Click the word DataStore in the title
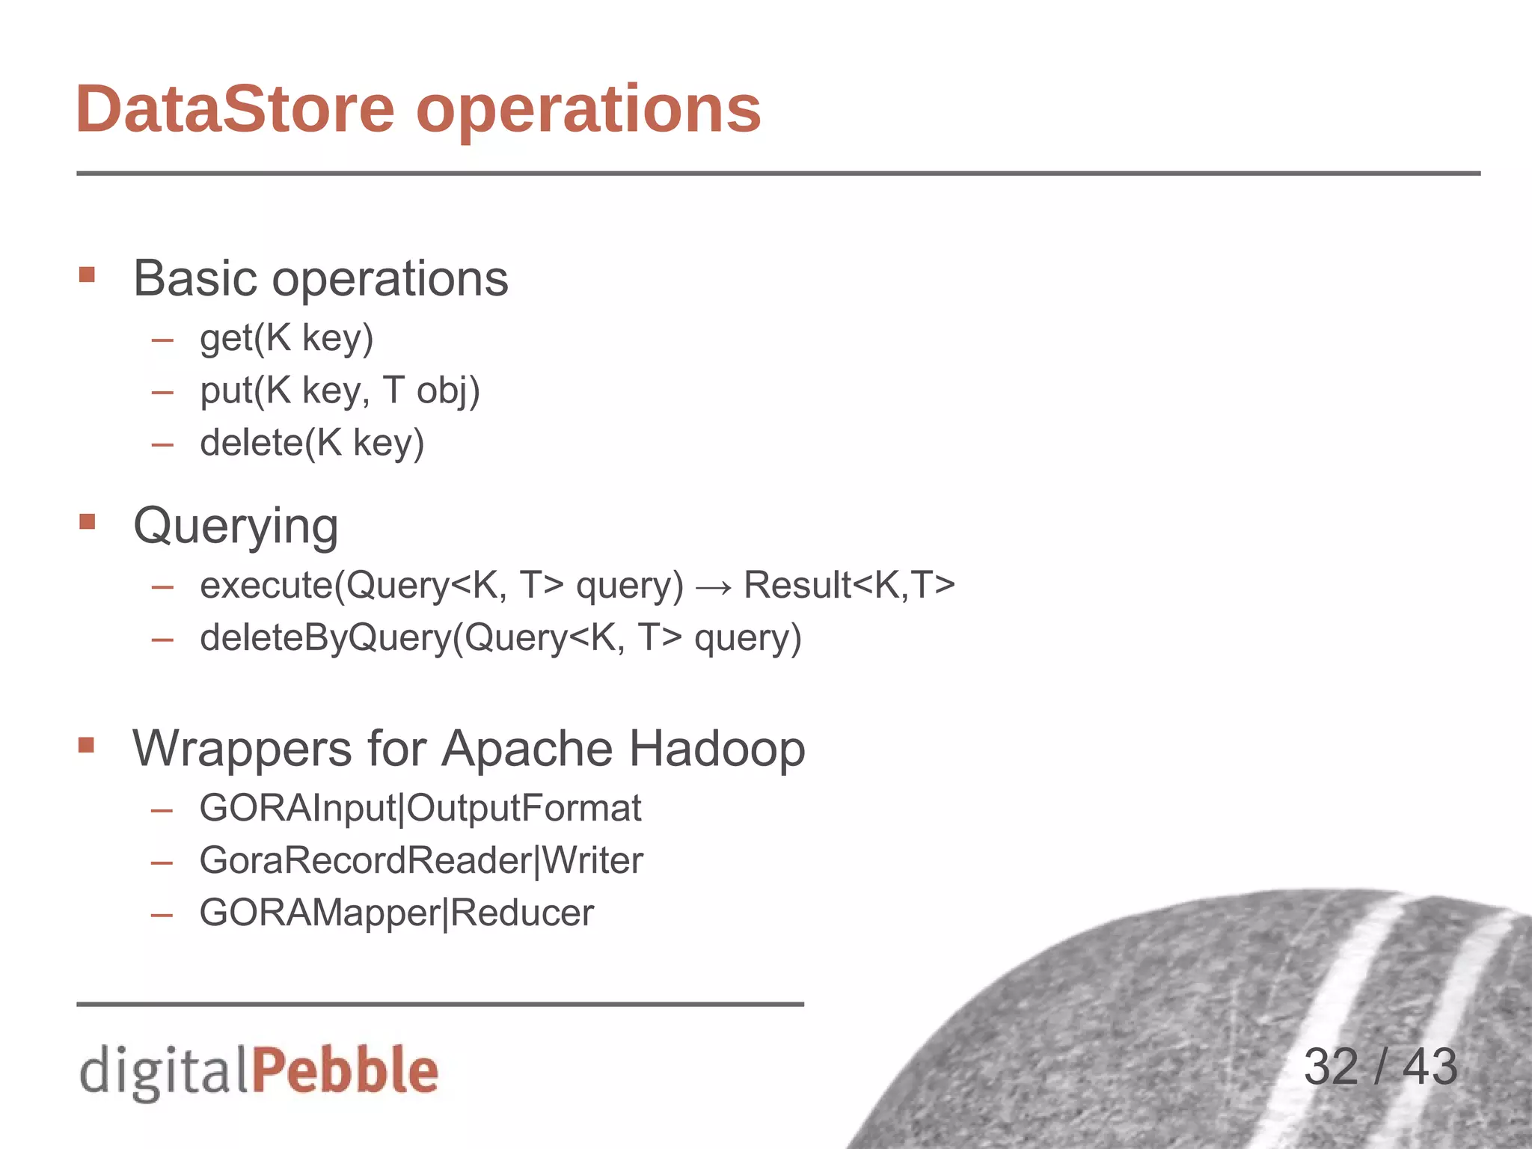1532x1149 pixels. [235, 110]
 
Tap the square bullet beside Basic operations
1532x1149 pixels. [87, 275]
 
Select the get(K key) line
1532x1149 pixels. [287, 338]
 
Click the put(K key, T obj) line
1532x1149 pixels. [340, 390]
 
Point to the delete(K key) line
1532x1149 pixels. [312, 443]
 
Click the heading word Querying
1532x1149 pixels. [236, 527]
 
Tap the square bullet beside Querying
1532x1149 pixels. [87, 521]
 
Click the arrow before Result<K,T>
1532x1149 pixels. [713, 586]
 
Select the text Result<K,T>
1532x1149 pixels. [849, 585]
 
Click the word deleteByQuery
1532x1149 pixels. [326, 638]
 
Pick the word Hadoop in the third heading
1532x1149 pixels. [717, 748]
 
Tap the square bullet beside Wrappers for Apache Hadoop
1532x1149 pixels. [87, 745]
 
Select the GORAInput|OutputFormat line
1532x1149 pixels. [420, 809]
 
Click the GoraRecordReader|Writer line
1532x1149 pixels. [421, 860]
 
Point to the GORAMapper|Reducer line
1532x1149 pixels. [396, 913]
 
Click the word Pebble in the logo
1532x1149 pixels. [345, 1070]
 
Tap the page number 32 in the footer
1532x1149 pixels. [1331, 1067]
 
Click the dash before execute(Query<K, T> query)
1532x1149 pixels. [162, 587]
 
